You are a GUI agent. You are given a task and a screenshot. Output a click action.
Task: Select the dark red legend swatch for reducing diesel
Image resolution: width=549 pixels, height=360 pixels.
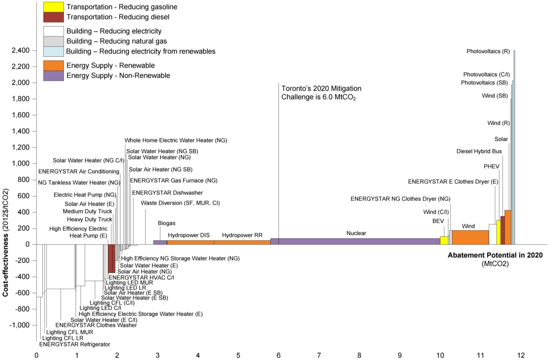point(53,17)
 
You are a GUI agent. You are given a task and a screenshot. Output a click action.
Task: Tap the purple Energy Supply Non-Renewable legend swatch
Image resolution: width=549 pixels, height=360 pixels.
point(53,76)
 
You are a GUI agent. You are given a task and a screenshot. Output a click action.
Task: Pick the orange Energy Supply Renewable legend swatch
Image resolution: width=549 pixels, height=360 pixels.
point(53,65)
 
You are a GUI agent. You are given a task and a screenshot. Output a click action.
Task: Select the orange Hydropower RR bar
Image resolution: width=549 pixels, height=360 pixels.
point(242,243)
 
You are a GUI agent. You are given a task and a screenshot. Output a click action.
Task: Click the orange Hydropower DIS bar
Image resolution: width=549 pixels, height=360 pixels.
point(190,243)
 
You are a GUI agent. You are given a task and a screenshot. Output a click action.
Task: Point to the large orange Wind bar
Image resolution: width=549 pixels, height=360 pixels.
point(469,237)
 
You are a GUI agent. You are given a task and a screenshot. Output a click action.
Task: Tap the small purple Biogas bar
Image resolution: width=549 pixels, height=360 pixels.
point(160,243)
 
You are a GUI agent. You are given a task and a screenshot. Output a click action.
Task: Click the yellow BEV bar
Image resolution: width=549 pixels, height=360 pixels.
point(444,241)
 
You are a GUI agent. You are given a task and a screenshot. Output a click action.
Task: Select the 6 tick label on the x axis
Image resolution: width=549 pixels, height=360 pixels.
point(279,355)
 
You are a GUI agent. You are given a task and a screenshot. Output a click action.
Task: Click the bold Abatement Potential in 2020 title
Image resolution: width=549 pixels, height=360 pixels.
point(495,255)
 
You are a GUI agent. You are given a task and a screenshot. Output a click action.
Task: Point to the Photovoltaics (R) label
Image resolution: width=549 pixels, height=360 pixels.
point(488,51)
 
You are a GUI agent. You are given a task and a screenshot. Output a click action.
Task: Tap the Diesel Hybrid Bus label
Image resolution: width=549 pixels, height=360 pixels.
point(479,151)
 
